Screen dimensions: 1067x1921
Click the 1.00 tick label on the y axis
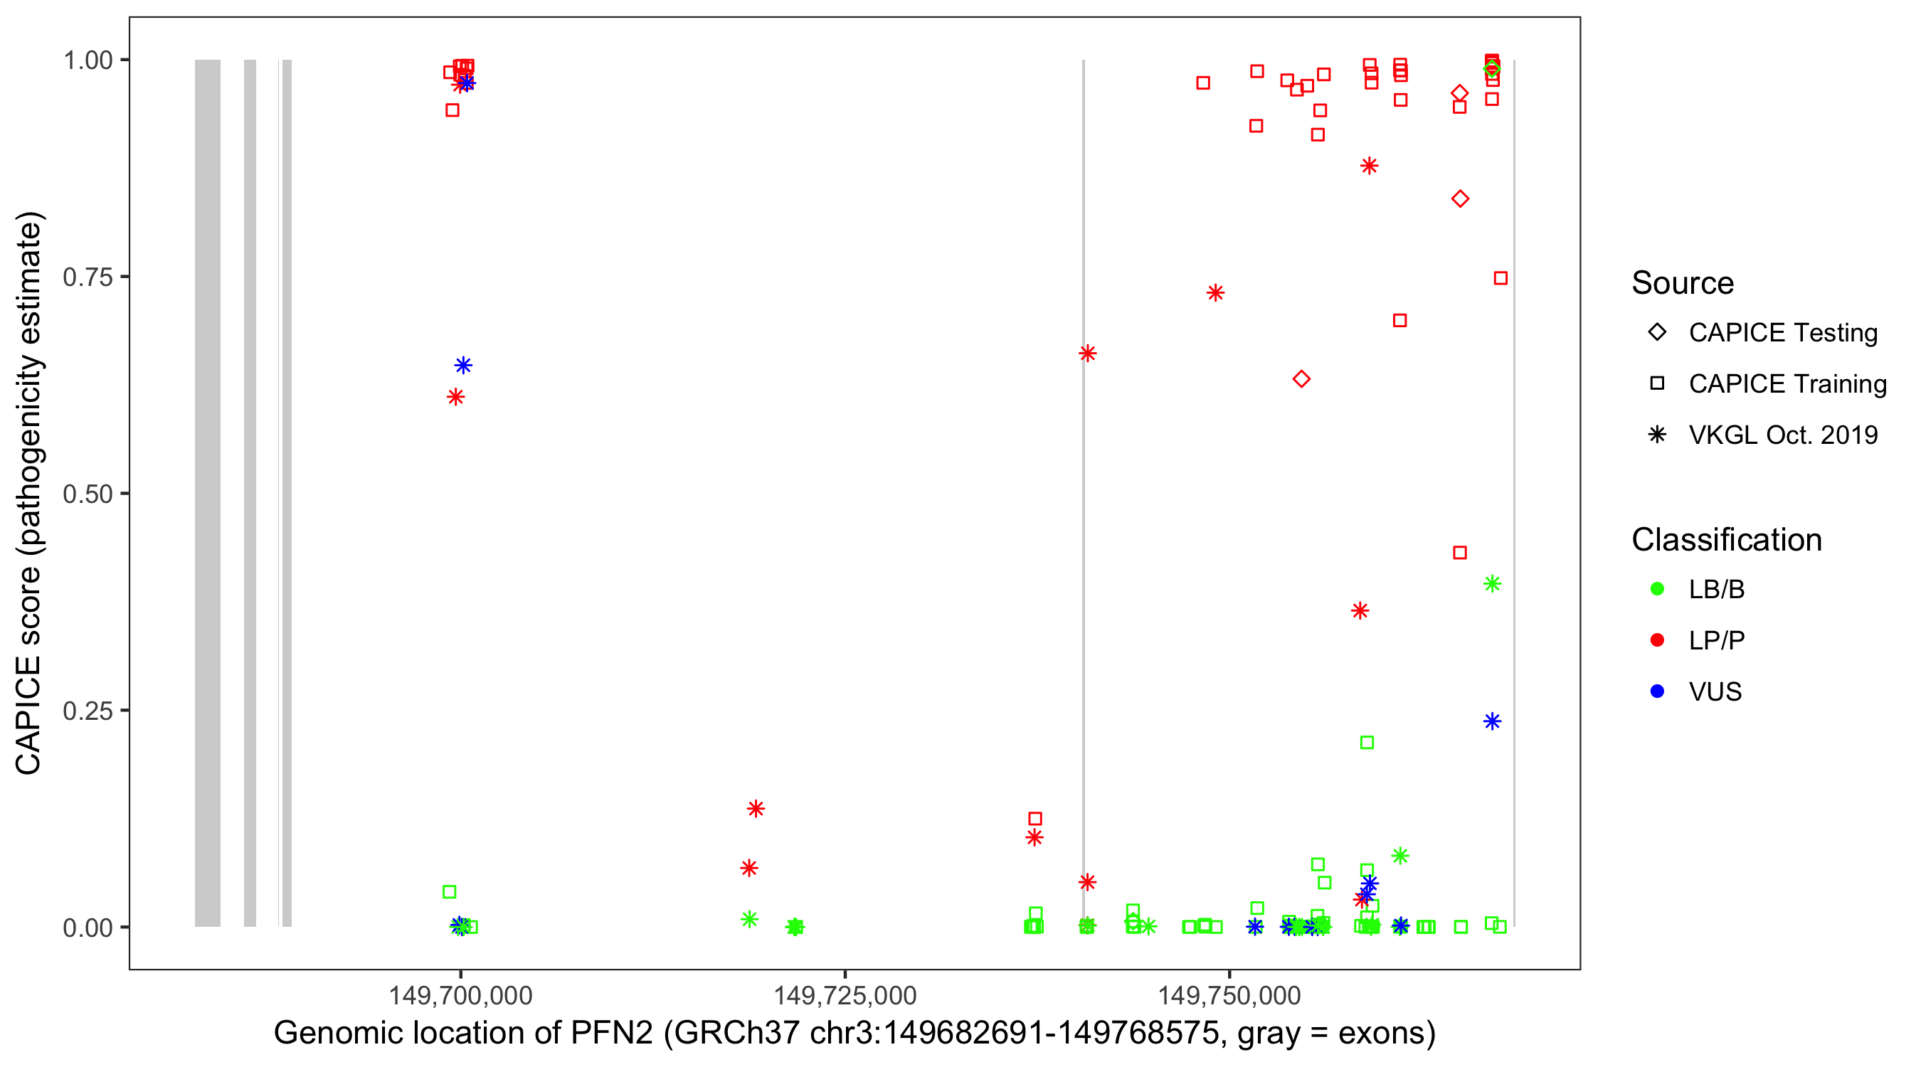88,60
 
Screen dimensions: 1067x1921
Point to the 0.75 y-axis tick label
88,277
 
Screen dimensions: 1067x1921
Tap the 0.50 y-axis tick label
88,494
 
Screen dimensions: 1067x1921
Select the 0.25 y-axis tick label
88,711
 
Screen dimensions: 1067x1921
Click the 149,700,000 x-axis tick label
460,995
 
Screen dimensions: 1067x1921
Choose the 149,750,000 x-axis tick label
1229,995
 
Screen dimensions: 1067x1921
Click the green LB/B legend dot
1657,589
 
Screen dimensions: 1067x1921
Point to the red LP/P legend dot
1657,640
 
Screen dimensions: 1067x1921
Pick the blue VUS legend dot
1657,691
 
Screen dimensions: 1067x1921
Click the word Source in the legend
1683,283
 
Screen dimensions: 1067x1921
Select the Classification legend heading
1726,540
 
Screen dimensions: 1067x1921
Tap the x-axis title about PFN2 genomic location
854,1034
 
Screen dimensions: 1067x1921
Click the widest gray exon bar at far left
207,492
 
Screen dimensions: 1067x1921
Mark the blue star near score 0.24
1491,721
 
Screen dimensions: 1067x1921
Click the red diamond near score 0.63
1301,378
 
